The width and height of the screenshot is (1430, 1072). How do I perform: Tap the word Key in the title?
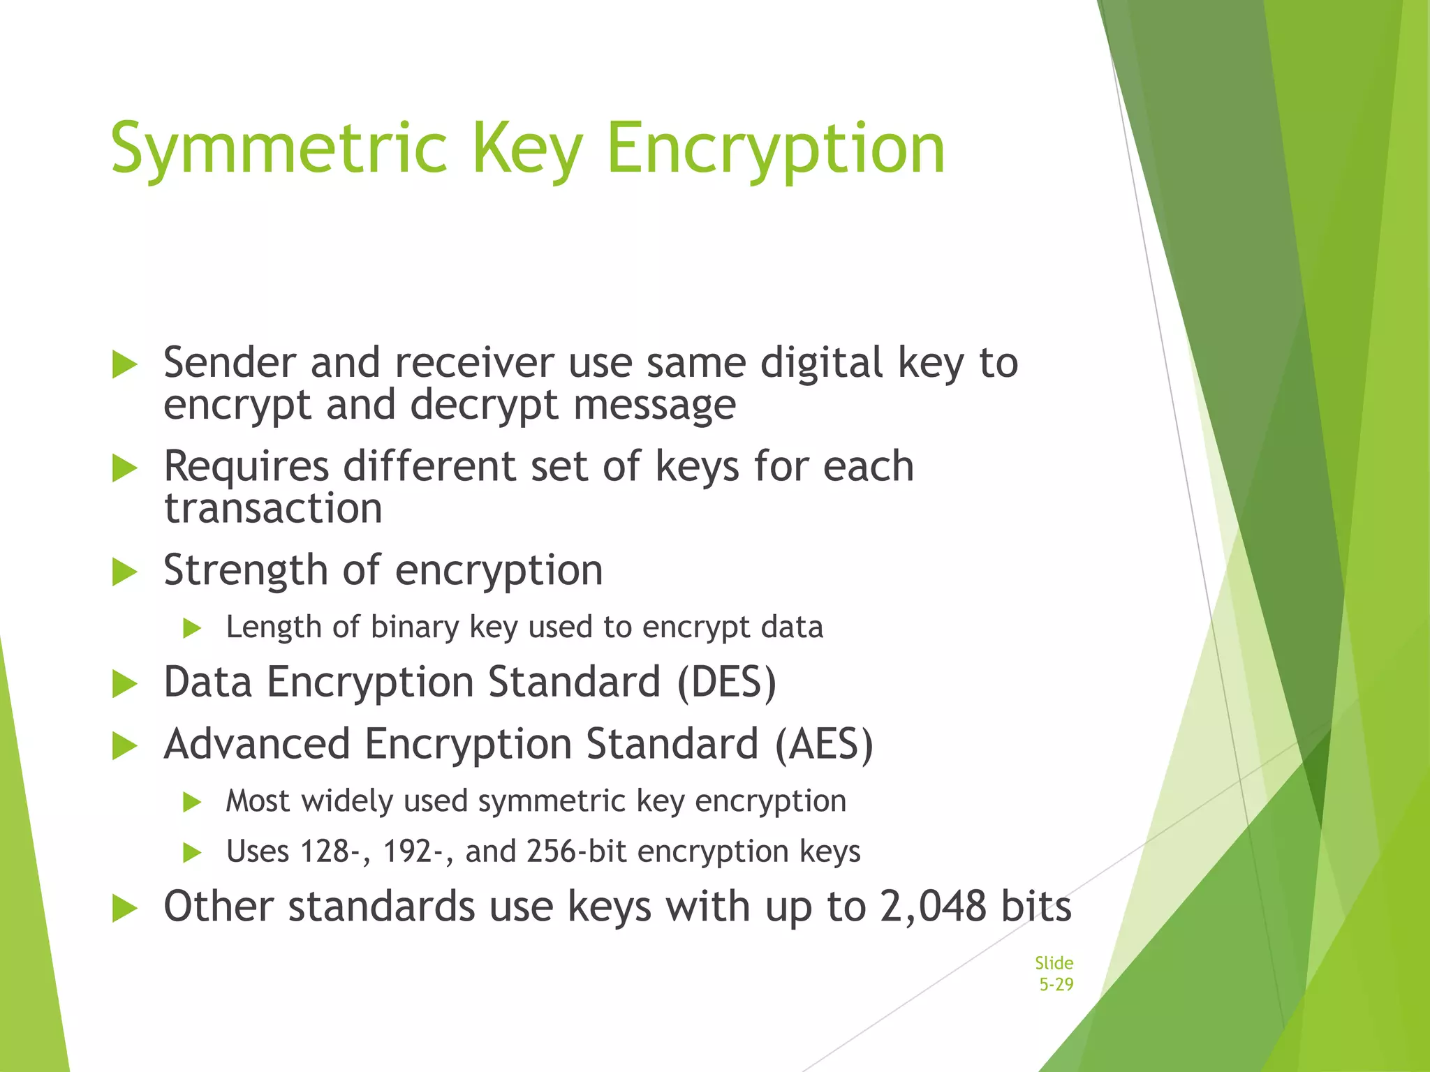tap(527, 149)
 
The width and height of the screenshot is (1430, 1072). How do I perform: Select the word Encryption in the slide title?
tap(776, 149)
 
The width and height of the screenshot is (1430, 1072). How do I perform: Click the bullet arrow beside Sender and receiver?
tap(125, 365)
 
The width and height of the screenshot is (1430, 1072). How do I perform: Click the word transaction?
tap(273, 508)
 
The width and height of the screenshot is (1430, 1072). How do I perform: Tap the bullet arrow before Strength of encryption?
tap(125, 572)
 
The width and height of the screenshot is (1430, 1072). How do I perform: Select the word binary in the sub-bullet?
tap(415, 627)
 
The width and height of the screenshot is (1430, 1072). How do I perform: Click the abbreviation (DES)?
tap(727, 682)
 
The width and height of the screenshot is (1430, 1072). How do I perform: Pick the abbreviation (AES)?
tap(824, 744)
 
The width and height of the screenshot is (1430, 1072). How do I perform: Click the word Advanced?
tap(256, 744)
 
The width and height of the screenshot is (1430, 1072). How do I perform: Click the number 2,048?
tap(933, 907)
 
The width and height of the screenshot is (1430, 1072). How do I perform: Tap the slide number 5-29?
tap(1056, 985)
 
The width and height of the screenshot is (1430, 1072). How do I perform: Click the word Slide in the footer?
tap(1054, 963)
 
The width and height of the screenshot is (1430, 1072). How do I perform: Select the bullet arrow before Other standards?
tap(125, 909)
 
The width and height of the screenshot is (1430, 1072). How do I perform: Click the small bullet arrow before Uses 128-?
tap(192, 853)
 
